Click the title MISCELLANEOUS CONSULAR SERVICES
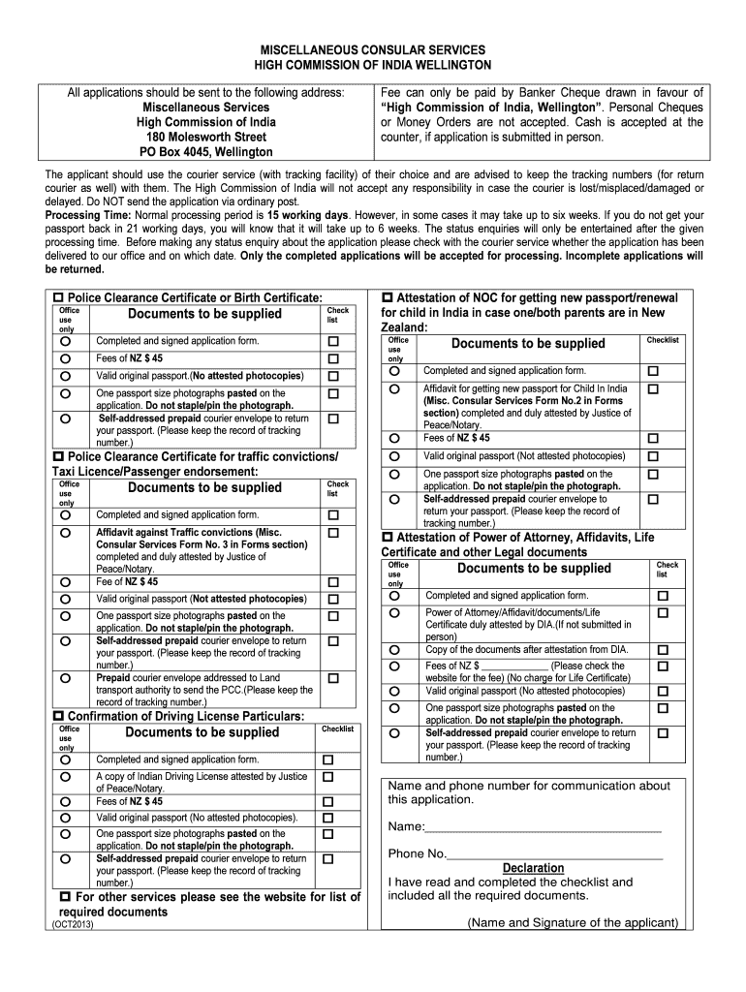click(x=372, y=49)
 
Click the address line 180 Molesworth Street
click(x=205, y=137)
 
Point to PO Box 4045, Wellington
click(x=205, y=152)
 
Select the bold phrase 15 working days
click(x=307, y=213)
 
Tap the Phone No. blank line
click(x=554, y=854)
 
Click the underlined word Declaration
click(x=533, y=868)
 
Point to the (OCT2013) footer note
click(x=72, y=925)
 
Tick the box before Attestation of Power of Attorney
click(x=389, y=536)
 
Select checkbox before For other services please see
click(x=65, y=897)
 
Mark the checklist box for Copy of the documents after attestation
click(x=663, y=650)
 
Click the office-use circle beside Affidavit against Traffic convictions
click(x=65, y=533)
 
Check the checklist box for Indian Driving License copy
click(x=327, y=777)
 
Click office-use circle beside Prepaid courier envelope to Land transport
click(x=65, y=678)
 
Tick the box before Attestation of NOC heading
click(x=389, y=296)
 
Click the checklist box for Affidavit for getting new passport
click(x=652, y=388)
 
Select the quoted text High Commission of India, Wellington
click(x=492, y=107)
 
